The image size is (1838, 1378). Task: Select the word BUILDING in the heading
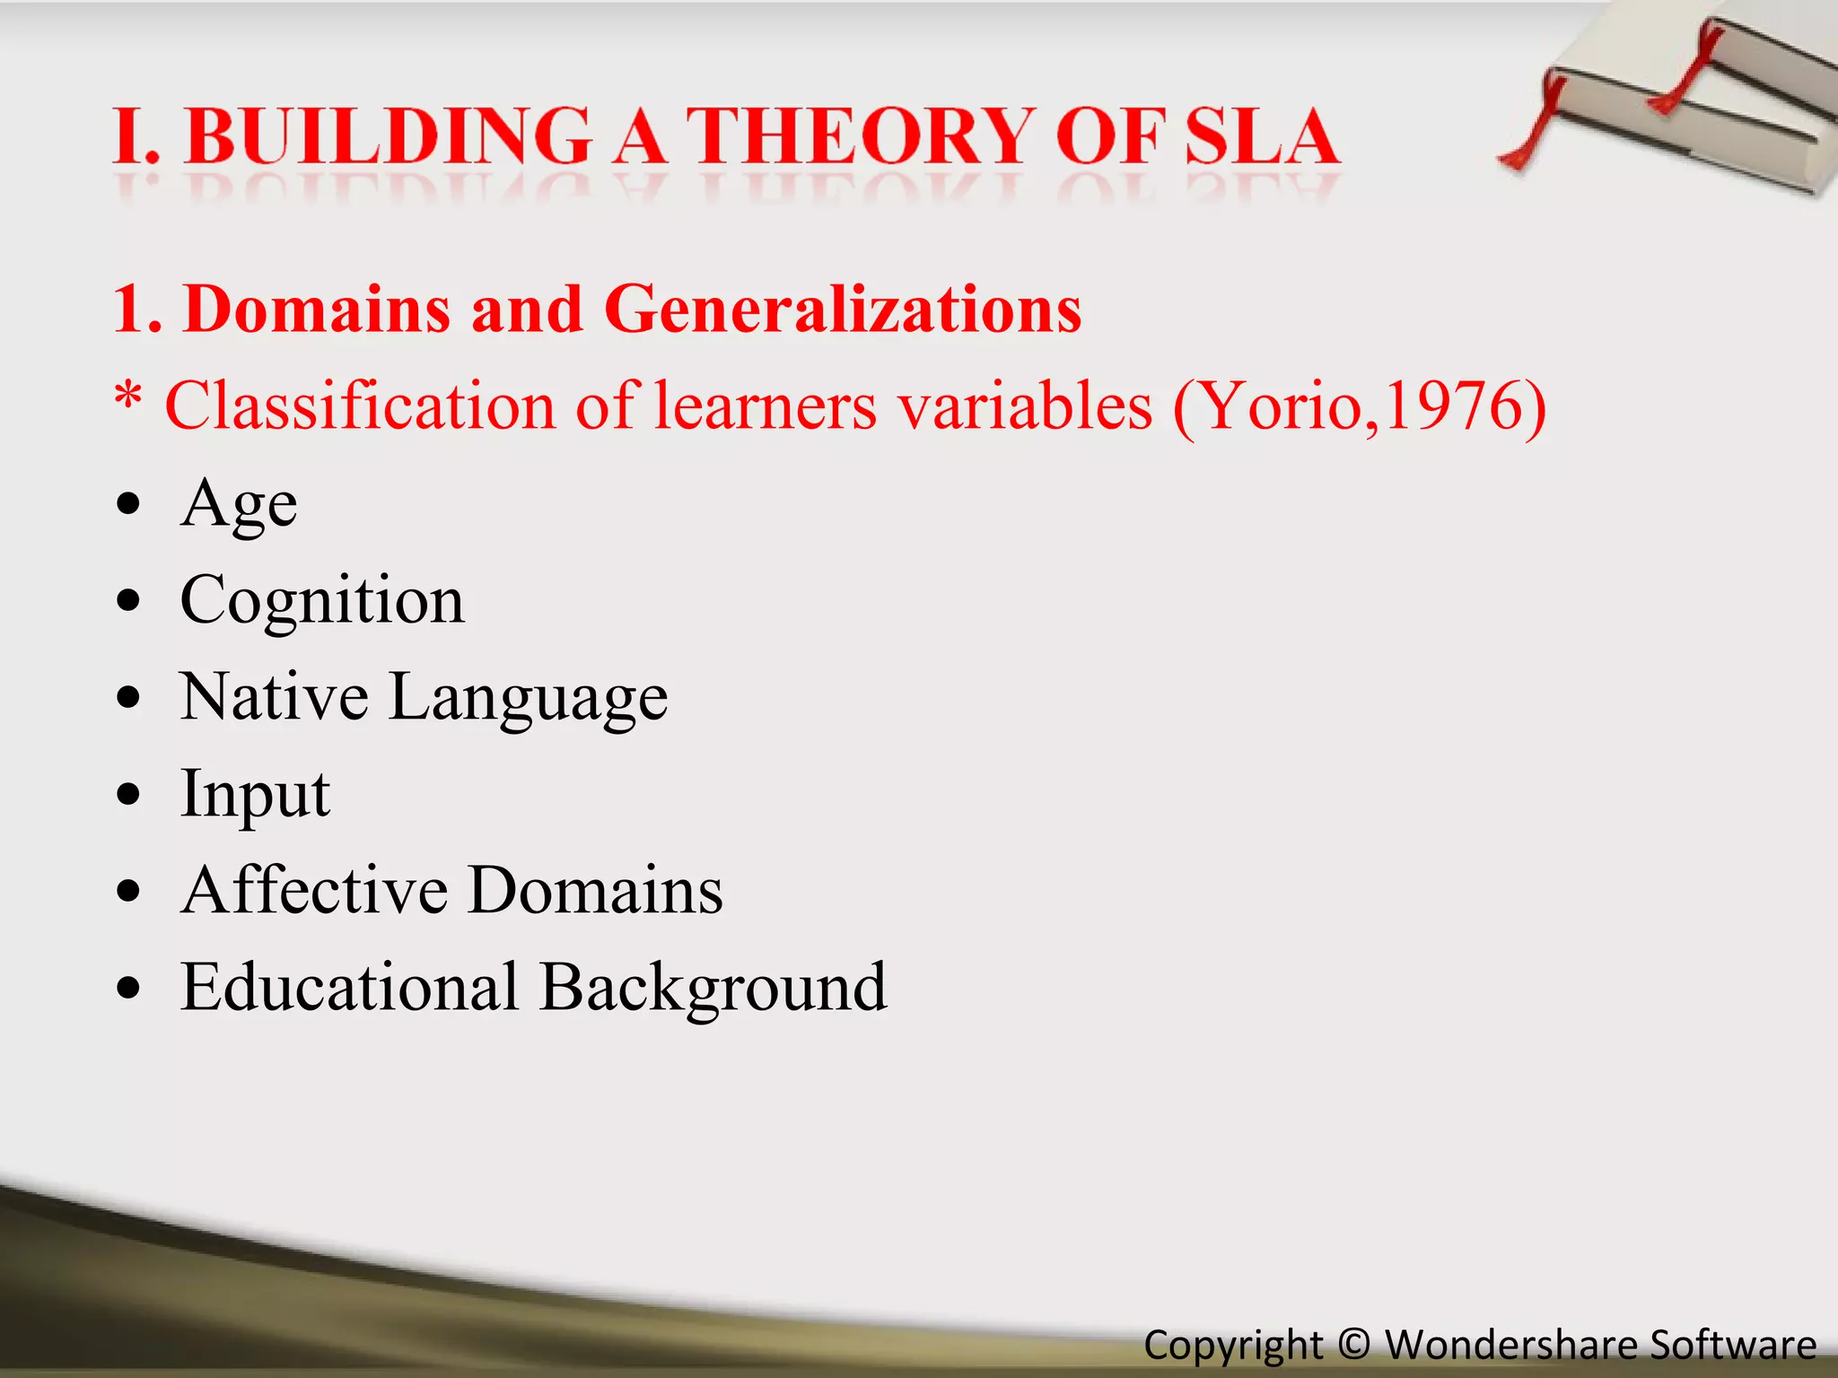388,136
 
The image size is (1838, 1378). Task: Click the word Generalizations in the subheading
843,309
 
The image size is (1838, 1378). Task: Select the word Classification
359,406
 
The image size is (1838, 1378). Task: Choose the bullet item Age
239,504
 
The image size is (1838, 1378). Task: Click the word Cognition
322,600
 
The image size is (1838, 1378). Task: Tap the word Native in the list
274,696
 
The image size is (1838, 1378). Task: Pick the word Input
255,795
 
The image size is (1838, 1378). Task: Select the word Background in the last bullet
713,988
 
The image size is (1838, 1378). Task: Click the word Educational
349,987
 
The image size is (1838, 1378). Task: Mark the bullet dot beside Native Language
129,697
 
